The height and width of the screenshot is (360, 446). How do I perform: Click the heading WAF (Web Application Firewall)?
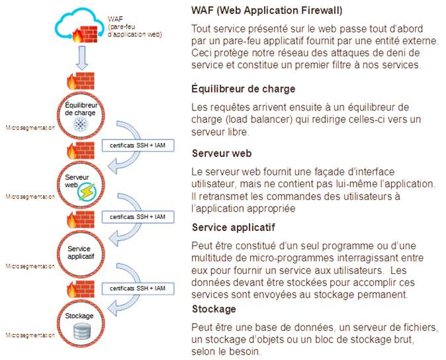[x=266, y=11]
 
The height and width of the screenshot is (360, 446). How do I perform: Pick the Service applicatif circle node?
[x=81, y=253]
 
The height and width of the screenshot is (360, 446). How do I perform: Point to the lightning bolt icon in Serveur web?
[x=87, y=192]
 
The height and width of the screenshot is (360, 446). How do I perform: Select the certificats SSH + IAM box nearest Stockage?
[x=137, y=289]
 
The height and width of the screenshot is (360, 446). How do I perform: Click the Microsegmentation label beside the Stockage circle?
[x=30, y=336]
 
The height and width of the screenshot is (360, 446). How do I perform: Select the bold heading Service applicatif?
[x=233, y=227]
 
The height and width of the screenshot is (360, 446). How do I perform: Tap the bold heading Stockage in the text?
[x=213, y=309]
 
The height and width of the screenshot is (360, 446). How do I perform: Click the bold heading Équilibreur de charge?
[x=243, y=89]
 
